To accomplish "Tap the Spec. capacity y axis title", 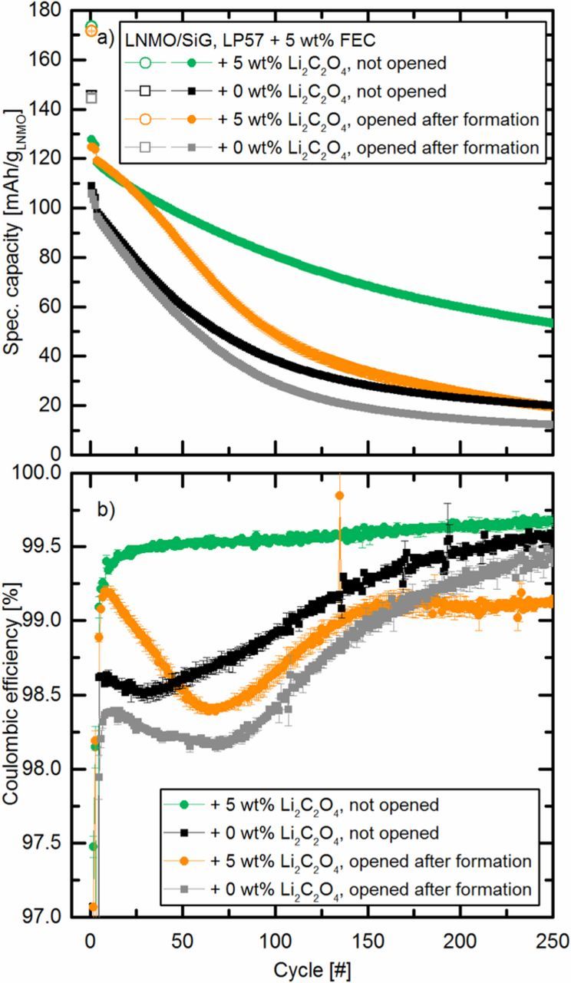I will (13, 233).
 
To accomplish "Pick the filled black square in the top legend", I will (203, 91).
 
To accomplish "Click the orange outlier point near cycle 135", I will (339, 495).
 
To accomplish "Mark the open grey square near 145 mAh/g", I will (91, 98).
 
